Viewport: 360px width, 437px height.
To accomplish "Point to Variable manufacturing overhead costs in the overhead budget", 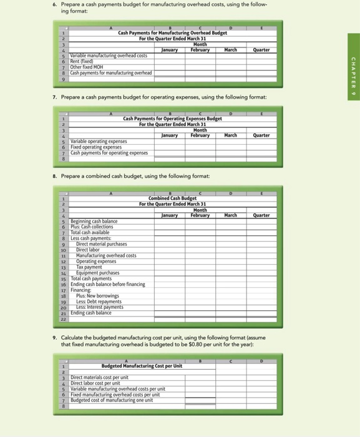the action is click(x=109, y=56).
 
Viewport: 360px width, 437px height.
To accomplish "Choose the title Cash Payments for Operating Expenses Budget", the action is click(x=172, y=119).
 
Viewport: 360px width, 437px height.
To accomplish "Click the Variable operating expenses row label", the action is click(x=99, y=142).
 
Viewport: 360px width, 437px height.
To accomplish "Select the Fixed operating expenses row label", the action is click(x=96, y=147).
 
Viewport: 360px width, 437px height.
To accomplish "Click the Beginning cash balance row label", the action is click(x=94, y=222).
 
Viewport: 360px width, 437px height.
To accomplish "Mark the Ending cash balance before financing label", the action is click(x=108, y=284).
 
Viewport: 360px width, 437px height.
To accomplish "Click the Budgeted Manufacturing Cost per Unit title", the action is click(x=142, y=366).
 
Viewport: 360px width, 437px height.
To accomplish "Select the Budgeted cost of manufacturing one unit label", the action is click(x=109, y=400).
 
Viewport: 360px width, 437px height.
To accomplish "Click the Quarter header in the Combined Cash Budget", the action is click(x=261, y=215).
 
